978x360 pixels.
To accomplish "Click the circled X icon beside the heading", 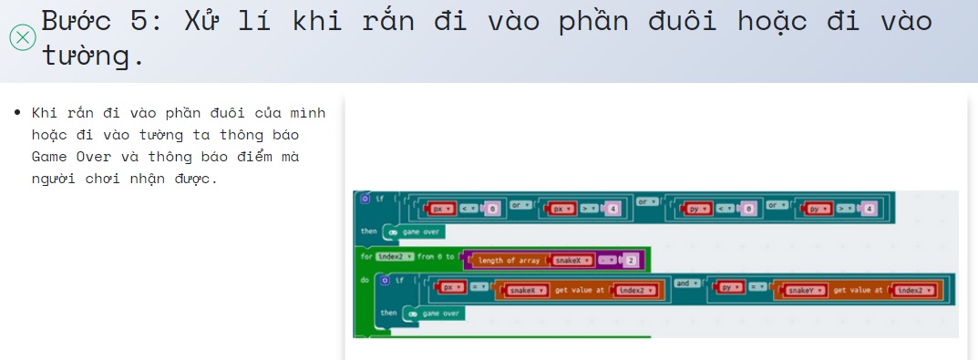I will click(22, 37).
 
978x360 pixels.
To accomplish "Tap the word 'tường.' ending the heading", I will click(93, 57).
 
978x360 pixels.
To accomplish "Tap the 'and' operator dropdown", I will click(687, 283).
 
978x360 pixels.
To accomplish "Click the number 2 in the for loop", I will click(631, 261).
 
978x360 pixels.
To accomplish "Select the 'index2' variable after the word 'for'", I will click(396, 256).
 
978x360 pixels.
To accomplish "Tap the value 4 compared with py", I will click(869, 210).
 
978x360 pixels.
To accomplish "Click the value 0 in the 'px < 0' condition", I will click(490, 210).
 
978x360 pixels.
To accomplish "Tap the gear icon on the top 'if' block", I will click(365, 198).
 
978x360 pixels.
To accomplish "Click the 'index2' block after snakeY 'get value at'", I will click(913, 290).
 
